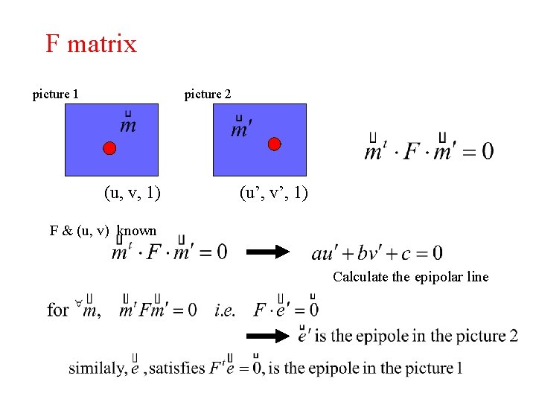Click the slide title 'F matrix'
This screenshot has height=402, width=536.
pos(91,44)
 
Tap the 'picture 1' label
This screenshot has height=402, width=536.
pos(56,94)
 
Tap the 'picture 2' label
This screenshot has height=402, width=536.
pos(208,94)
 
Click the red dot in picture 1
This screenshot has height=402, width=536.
pos(109,148)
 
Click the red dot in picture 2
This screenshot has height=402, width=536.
pos(274,144)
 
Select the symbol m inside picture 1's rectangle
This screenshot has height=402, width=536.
pos(128,124)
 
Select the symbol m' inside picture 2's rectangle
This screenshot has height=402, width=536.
pos(240,129)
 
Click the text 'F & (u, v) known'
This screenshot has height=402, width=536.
pos(103,230)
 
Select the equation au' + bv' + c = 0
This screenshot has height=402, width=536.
pos(377,253)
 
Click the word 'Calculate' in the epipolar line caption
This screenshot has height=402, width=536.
pos(361,277)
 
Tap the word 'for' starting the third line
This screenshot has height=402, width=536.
pos(58,308)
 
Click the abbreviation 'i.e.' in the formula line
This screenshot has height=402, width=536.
pos(225,308)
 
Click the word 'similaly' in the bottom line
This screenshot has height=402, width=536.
pos(96,368)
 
